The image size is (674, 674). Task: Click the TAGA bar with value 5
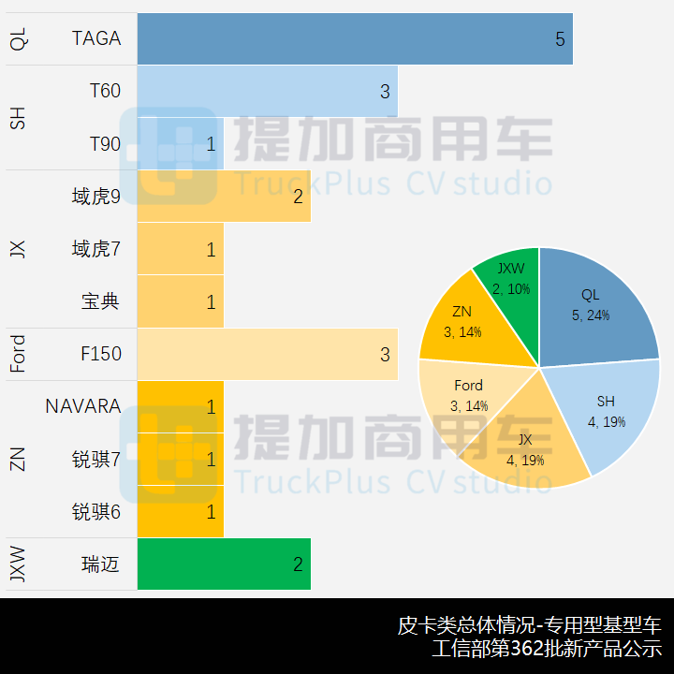[355, 38]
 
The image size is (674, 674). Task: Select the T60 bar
[267, 91]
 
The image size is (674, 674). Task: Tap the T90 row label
[105, 144]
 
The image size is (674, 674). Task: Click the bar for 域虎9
[224, 197]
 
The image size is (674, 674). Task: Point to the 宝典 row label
[100, 301]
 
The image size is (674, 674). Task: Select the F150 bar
[267, 354]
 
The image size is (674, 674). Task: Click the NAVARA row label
[83, 406]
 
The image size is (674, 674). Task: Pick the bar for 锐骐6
[180, 512]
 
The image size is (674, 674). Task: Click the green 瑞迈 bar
[224, 564]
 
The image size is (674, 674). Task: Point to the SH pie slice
[605, 412]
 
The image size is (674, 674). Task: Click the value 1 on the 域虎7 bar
[211, 249]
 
